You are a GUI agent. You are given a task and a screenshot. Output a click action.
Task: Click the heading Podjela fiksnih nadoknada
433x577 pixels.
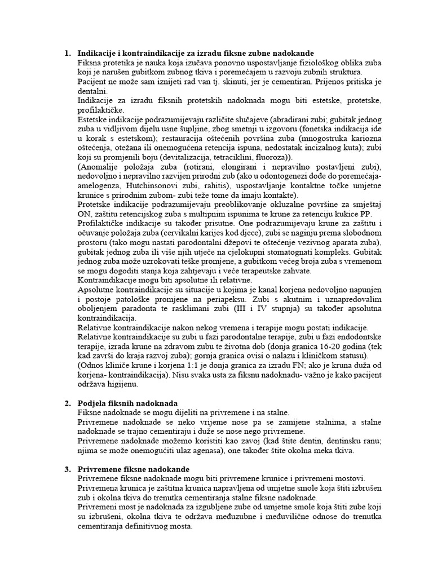click(127, 403)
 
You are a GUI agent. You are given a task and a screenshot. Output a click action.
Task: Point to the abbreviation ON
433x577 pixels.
click(83, 214)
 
